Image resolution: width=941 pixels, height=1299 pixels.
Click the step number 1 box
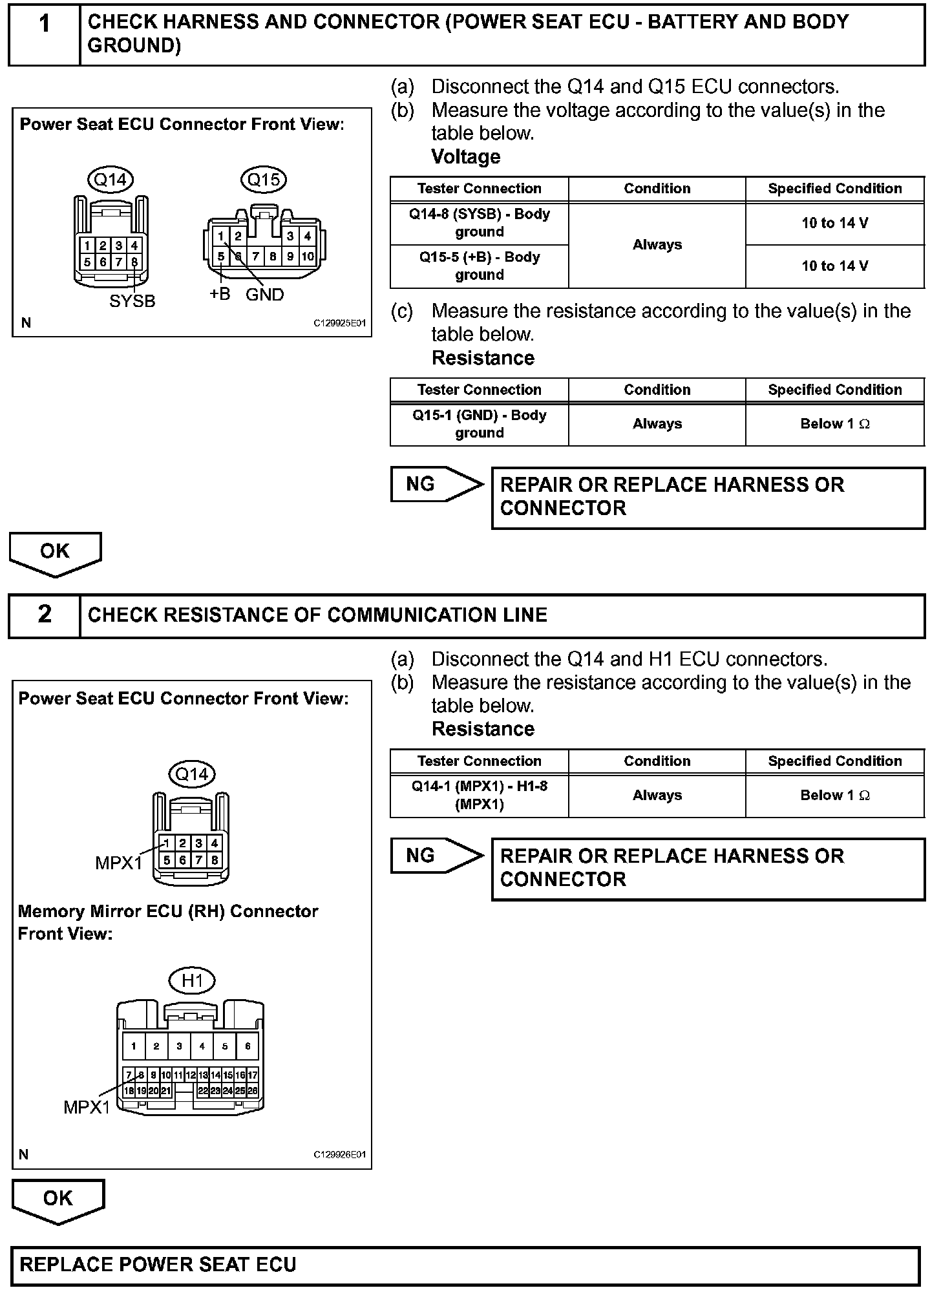[x=45, y=34]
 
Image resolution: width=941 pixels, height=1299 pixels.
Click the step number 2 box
[x=45, y=615]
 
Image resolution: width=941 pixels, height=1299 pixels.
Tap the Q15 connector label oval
[x=264, y=179]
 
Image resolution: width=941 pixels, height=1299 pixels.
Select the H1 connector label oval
[x=192, y=980]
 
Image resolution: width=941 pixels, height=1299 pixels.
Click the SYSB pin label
[x=132, y=301]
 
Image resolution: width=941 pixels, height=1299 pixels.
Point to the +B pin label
[x=220, y=294]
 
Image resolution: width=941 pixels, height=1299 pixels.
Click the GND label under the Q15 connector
[x=265, y=295]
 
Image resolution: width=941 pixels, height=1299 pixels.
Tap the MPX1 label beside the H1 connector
[x=87, y=1107]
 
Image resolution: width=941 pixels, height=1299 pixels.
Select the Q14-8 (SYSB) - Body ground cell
[x=479, y=223]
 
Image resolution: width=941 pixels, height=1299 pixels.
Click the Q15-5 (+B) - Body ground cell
[x=479, y=266]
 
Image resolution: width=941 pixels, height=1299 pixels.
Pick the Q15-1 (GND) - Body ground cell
[x=479, y=424]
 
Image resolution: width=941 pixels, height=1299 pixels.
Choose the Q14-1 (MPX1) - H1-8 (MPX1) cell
[x=479, y=796]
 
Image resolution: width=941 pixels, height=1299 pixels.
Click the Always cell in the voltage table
[x=657, y=245]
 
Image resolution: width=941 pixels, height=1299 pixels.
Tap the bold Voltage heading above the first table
[x=465, y=157]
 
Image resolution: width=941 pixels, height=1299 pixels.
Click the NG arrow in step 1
[x=436, y=484]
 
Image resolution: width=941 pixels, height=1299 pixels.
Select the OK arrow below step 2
[x=58, y=1199]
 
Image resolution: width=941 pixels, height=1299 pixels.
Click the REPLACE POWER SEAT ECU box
[x=465, y=1265]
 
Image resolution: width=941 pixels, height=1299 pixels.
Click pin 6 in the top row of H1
[x=248, y=1046]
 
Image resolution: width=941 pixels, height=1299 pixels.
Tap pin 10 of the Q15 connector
[x=308, y=257]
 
